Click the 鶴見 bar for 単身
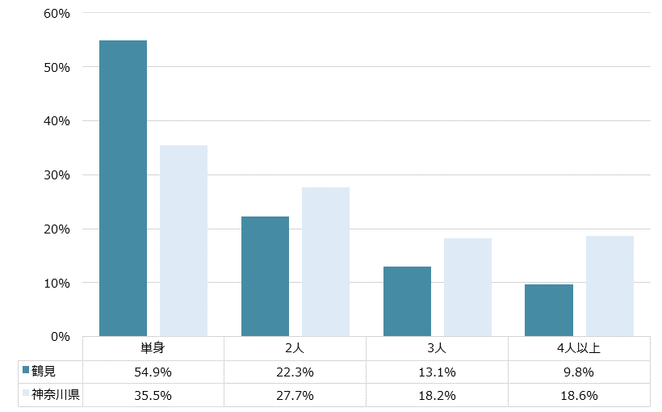(x=123, y=188)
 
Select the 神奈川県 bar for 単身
(x=183, y=241)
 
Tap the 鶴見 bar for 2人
(x=265, y=276)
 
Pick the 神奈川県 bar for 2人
(x=325, y=262)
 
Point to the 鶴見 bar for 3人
(x=407, y=301)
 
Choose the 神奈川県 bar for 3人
(x=467, y=287)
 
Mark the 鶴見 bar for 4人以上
(x=549, y=310)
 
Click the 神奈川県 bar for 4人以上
(x=610, y=286)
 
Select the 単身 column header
(x=153, y=349)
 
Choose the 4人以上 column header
(x=579, y=349)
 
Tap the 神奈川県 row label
(x=56, y=395)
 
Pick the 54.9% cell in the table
(x=153, y=372)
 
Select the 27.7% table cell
(x=295, y=396)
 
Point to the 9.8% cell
(x=579, y=372)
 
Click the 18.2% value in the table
(x=437, y=396)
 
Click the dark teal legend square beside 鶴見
(x=26, y=372)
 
